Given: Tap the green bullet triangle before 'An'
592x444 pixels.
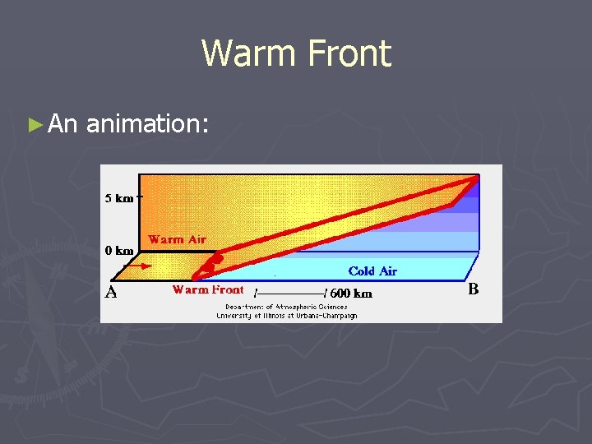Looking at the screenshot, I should (34, 125).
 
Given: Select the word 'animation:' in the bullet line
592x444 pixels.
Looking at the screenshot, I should (148, 124).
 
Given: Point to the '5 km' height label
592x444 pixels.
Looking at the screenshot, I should (119, 198).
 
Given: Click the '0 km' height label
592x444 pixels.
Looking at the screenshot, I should (119, 251).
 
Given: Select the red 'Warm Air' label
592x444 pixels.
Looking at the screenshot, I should (177, 239).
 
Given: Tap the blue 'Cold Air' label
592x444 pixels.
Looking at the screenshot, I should (372, 271).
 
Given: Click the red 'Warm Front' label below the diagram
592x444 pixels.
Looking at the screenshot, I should (207, 289).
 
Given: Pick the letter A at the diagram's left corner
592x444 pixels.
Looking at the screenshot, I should (110, 292).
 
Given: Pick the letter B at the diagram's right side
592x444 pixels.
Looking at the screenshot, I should (473, 289).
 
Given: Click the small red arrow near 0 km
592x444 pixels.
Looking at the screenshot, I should (143, 266).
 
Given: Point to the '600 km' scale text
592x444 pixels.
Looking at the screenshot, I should (351, 293).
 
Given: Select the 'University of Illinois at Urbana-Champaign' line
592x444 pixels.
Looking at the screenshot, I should (286, 315).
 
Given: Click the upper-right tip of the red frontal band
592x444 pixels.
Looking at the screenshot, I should (475, 177).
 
